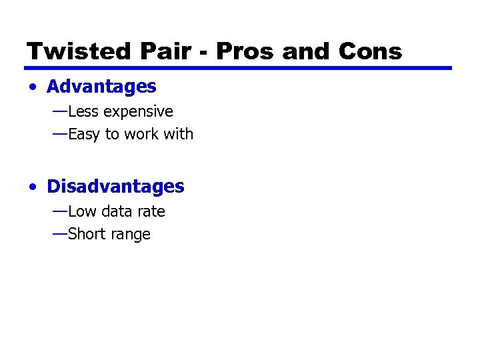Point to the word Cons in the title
(x=371, y=51)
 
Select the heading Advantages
(x=101, y=87)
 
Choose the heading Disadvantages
(x=115, y=187)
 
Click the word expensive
(x=139, y=112)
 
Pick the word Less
(x=83, y=111)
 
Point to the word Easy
(x=84, y=135)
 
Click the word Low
(x=83, y=211)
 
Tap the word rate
(x=151, y=211)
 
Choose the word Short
(x=87, y=234)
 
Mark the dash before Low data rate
(x=59, y=211)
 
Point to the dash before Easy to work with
(x=59, y=133)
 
